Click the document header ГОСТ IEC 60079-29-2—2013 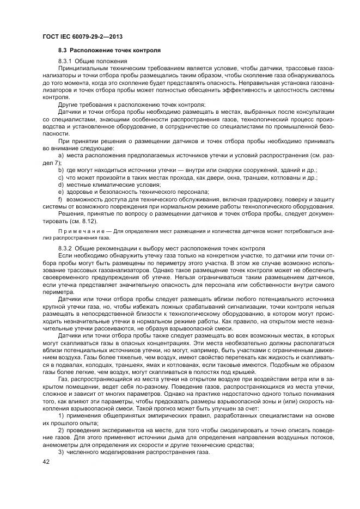(81, 36)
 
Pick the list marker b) (60, 170)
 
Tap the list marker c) (60, 177)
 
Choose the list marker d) (60, 185)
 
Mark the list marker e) (60, 192)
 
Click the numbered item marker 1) (60, 416)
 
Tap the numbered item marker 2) (60, 430)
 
